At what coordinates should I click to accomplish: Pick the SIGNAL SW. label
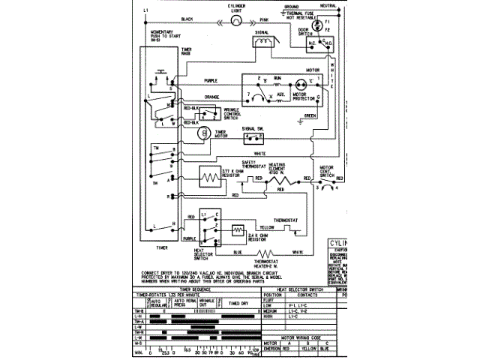[252, 129]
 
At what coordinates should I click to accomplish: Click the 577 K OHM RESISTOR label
[234, 177]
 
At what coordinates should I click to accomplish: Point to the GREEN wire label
[308, 116]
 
